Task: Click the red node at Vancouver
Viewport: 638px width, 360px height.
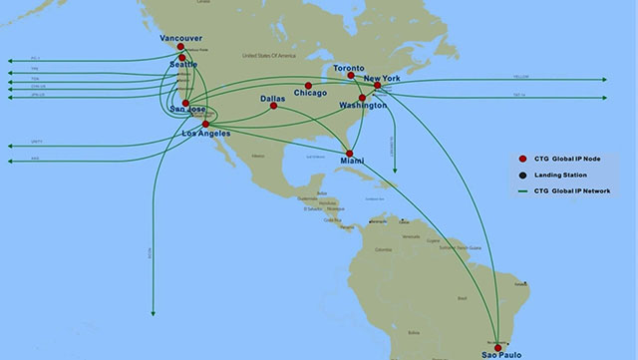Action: point(180,46)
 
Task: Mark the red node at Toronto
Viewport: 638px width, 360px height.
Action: point(351,75)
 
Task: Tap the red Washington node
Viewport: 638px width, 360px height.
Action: point(363,98)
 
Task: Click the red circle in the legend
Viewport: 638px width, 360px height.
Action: point(522,159)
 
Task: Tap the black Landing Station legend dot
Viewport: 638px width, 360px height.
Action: point(522,174)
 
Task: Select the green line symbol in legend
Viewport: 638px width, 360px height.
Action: point(522,189)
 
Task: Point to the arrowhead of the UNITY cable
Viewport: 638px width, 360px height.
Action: point(7,146)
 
